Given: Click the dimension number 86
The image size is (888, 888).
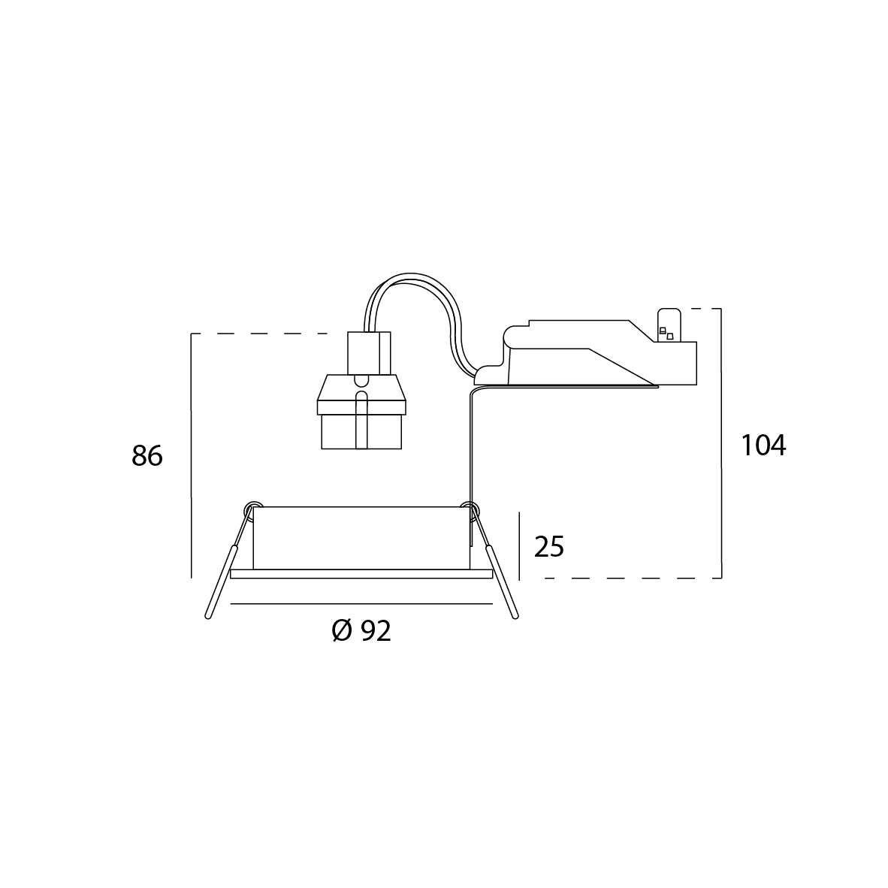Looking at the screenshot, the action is coord(147,455).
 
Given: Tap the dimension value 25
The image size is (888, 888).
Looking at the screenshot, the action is coord(548,546).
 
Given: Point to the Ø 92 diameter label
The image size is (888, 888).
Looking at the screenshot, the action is coord(361,630).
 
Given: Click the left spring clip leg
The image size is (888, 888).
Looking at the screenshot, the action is coord(220,581).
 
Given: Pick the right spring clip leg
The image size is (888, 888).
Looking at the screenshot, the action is coord(502,581).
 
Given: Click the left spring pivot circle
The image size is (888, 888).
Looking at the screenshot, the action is coord(253,508).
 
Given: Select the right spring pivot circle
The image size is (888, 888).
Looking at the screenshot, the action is coord(470,508).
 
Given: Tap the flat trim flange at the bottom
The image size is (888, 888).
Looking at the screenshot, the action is coord(361,574).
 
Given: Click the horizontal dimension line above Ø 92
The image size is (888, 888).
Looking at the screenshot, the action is coord(361,604).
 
